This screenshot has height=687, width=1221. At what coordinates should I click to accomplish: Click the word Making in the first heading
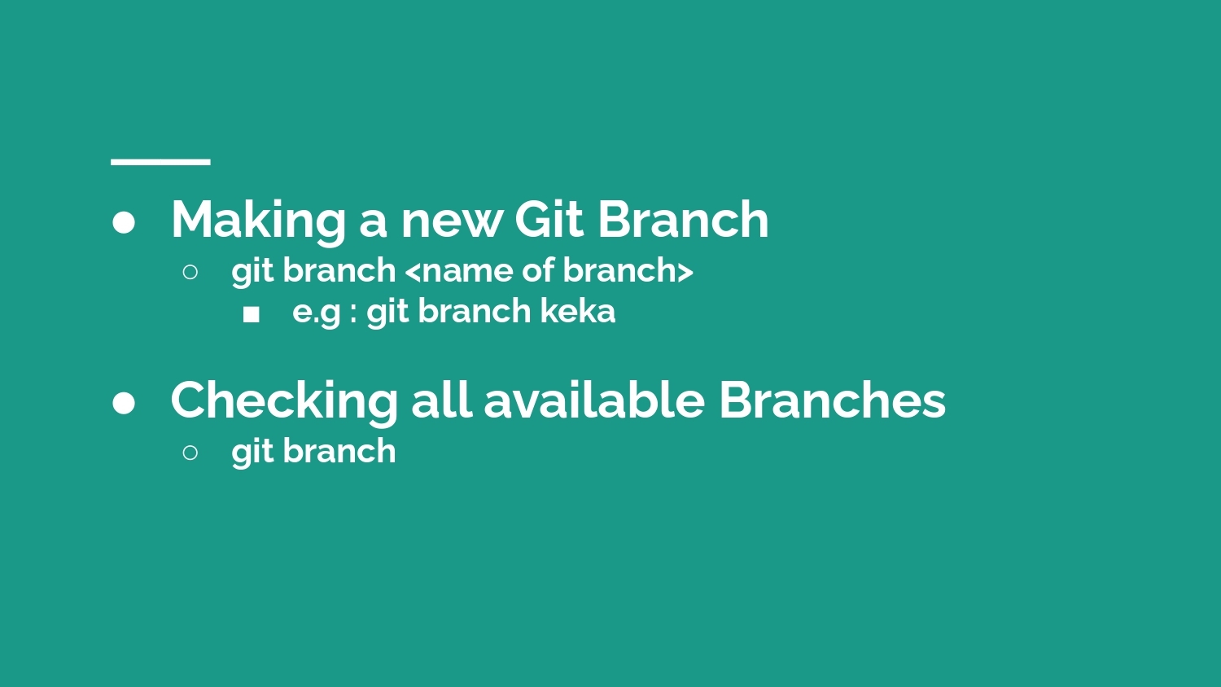(258, 221)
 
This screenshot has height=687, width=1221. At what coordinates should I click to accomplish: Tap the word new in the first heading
(452, 225)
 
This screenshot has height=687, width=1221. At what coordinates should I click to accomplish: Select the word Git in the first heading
(549, 219)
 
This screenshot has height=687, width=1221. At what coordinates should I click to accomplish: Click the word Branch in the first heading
(684, 219)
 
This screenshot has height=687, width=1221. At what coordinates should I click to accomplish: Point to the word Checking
(284, 401)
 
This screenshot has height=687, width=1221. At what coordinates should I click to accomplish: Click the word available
(594, 400)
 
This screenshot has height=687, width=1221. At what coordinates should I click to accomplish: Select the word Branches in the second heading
(833, 400)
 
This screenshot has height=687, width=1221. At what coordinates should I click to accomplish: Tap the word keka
(578, 311)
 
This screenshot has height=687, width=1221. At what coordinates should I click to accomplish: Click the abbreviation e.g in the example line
(317, 314)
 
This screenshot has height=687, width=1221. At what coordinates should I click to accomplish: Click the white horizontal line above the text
(161, 162)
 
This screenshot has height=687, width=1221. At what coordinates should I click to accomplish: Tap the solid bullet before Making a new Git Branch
(124, 223)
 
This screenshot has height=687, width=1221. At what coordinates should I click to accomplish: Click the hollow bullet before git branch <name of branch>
(190, 272)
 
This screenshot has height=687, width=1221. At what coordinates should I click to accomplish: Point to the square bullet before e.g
(252, 314)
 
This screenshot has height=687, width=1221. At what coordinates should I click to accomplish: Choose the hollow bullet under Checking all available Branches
(190, 452)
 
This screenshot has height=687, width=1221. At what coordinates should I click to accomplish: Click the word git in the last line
(252, 453)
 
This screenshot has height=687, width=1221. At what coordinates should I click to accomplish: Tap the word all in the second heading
(441, 400)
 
